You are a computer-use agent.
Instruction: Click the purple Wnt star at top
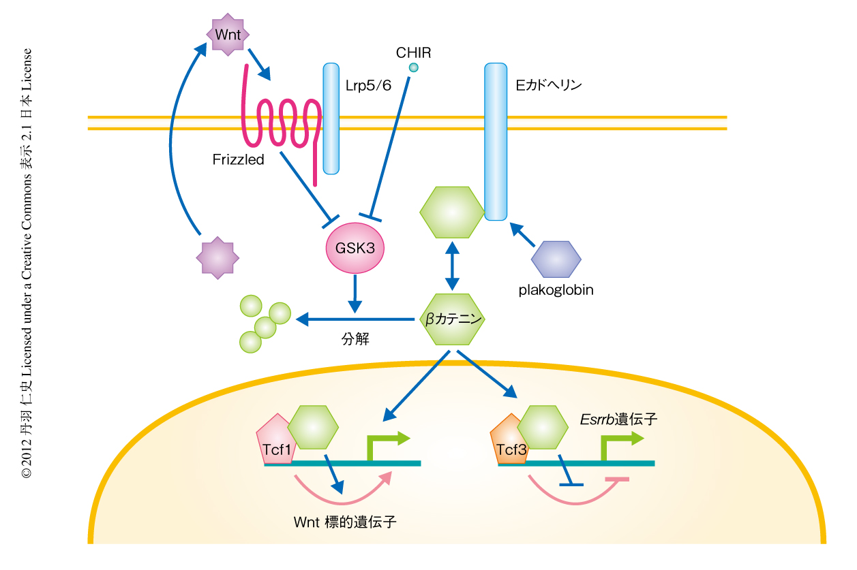point(228,33)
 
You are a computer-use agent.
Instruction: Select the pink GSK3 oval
point(355,247)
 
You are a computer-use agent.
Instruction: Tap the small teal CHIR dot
point(413,67)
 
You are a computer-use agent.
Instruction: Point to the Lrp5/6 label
point(368,86)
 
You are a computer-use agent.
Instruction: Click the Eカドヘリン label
point(549,86)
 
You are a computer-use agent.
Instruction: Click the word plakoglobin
point(556,290)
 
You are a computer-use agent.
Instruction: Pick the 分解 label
point(355,338)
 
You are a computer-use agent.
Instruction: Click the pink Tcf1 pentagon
point(274,441)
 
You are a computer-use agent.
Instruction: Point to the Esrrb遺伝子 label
point(618,419)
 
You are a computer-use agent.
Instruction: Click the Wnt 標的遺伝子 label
point(345,522)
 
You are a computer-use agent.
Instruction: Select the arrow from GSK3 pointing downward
point(354,291)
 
